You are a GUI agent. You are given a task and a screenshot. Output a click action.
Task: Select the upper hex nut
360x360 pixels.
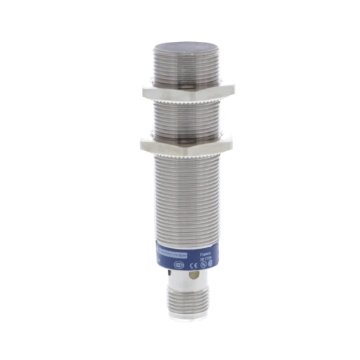187,92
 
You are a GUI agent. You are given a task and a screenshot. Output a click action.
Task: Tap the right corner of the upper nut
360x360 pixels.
233,89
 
